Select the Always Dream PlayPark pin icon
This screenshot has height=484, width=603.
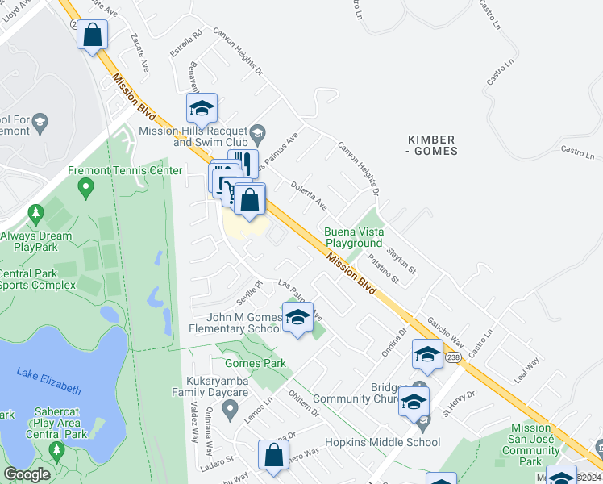click(35, 215)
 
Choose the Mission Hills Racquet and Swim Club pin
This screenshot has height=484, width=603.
click(258, 131)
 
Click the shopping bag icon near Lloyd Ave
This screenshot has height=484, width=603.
click(93, 35)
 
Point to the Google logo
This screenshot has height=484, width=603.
click(27, 474)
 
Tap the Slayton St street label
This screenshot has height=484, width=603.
click(401, 258)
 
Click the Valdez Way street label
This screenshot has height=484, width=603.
click(194, 423)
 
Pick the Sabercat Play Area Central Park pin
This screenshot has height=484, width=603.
click(56, 448)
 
